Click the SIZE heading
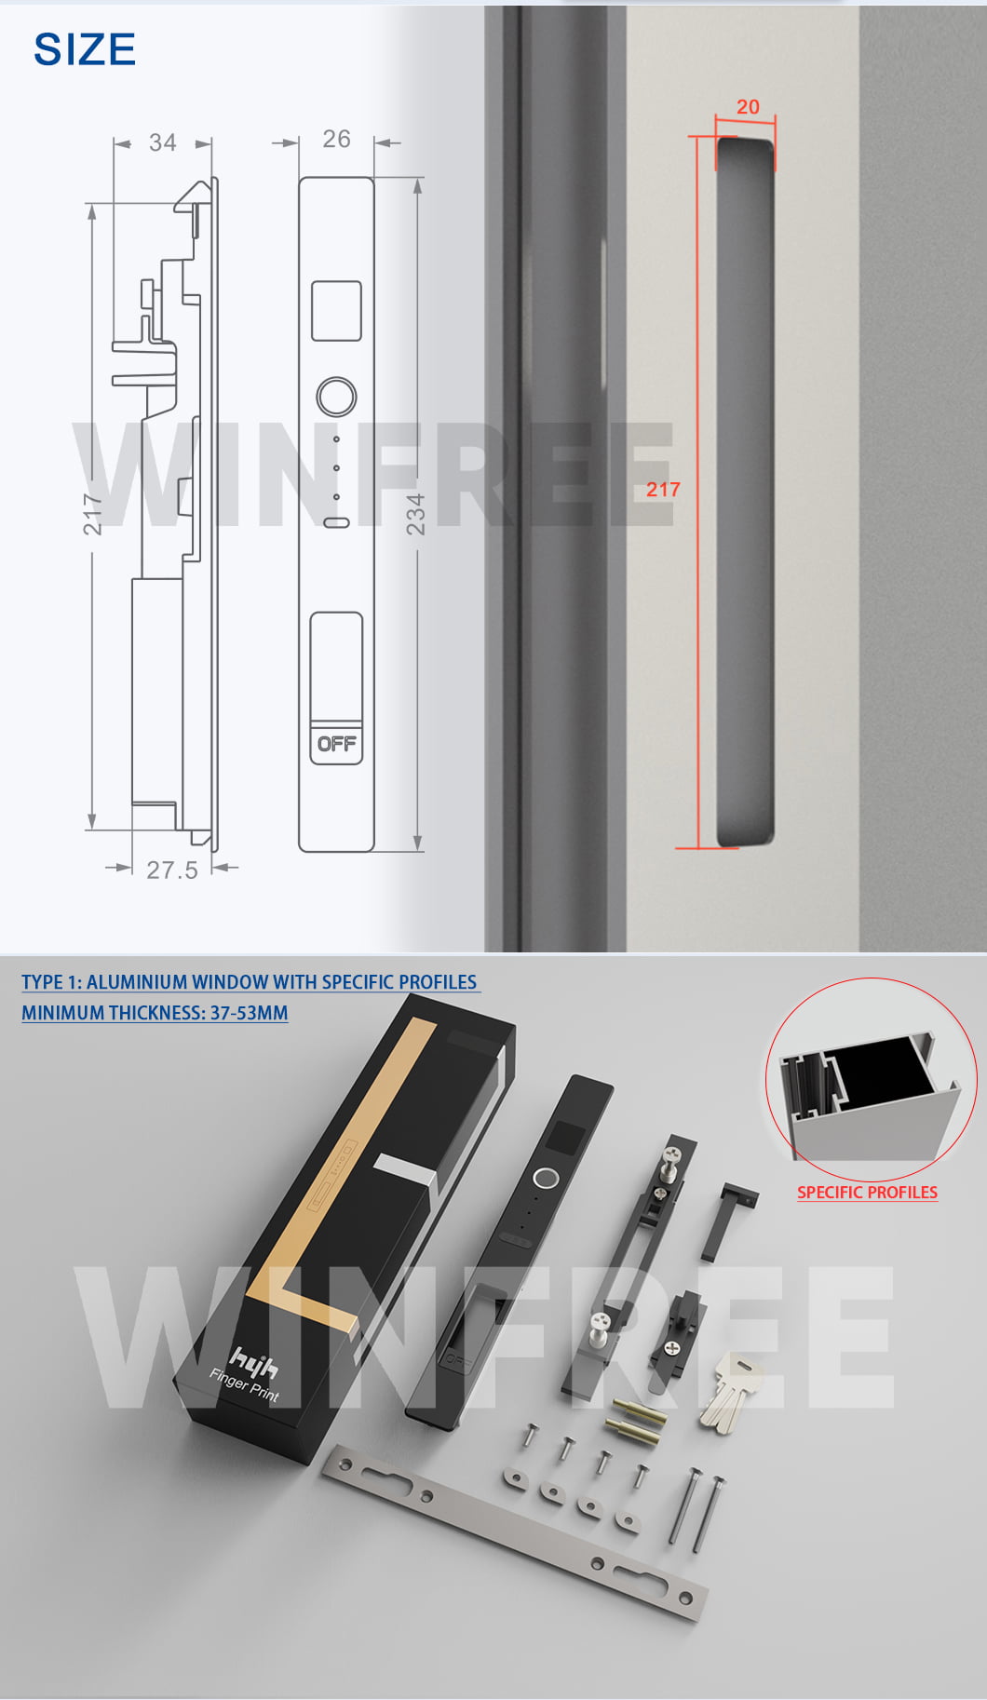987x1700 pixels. point(85,49)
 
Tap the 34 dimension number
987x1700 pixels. point(162,142)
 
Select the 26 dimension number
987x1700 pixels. point(336,139)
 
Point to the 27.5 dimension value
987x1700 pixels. point(172,870)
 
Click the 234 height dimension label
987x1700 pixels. point(415,514)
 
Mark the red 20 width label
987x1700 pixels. point(748,107)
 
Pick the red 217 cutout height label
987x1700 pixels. point(663,489)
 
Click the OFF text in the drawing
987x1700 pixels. point(336,744)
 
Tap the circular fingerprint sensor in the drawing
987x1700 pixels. point(336,397)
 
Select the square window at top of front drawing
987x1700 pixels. point(336,311)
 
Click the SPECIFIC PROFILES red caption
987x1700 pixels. point(867,1193)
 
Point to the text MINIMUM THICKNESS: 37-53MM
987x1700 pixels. point(155,1013)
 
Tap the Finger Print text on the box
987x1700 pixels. point(244,1384)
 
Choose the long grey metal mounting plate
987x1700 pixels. point(515,1531)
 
